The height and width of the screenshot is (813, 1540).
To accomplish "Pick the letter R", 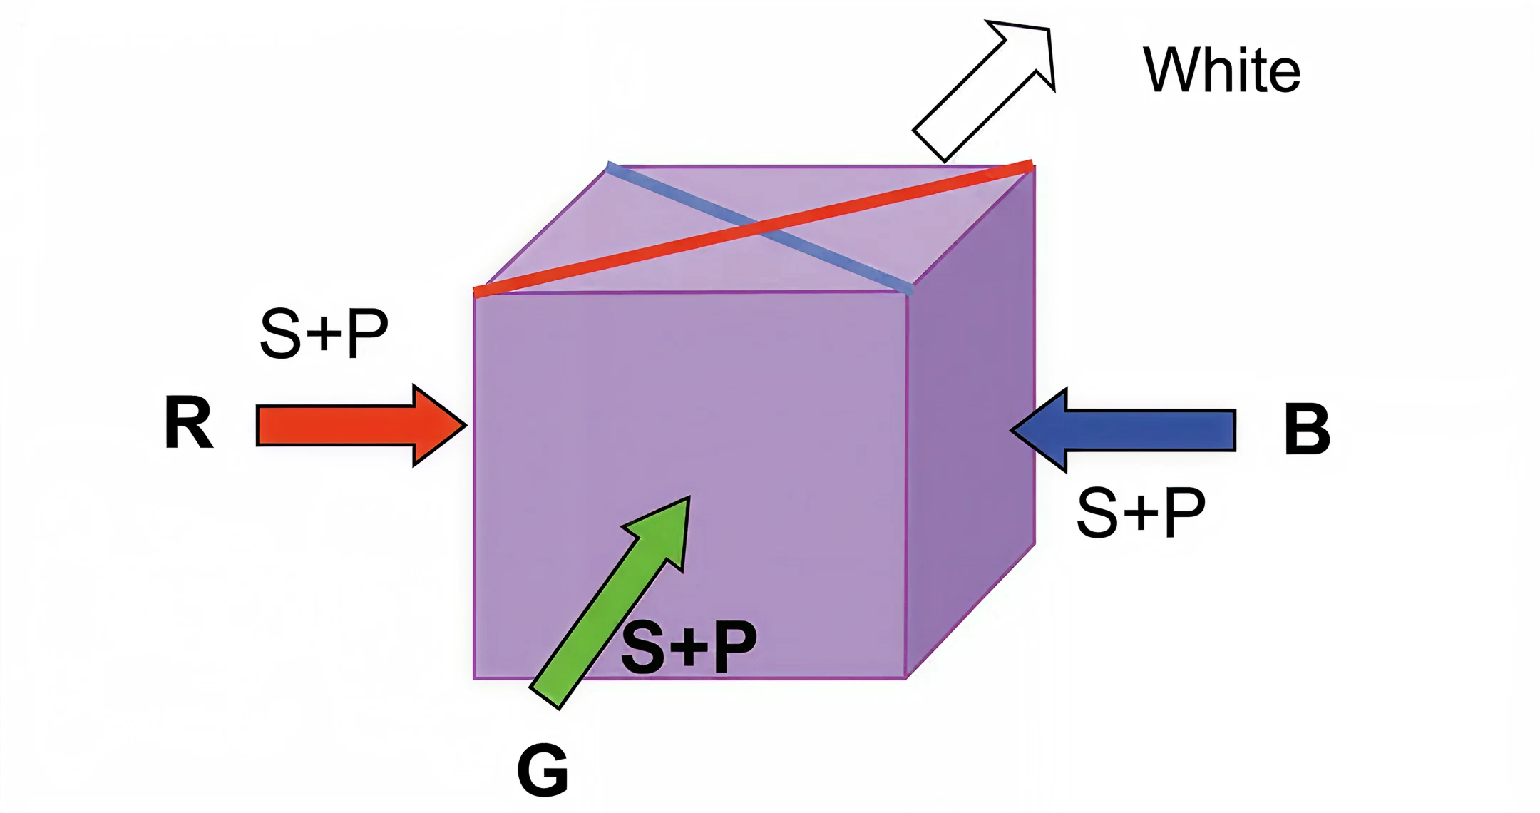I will pyautogui.click(x=188, y=423).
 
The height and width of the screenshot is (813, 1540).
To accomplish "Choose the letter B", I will pyautogui.click(x=1306, y=429).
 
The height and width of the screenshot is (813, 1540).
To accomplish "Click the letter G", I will pyautogui.click(x=543, y=770).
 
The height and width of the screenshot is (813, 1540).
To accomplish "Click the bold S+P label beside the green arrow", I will pyautogui.click(x=688, y=646).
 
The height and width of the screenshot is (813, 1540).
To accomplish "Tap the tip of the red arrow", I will pyautogui.click(x=466, y=426).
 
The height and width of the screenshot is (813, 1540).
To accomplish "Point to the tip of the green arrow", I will pyautogui.click(x=689, y=498).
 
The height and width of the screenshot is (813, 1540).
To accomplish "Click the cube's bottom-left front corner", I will pyautogui.click(x=475, y=677).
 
